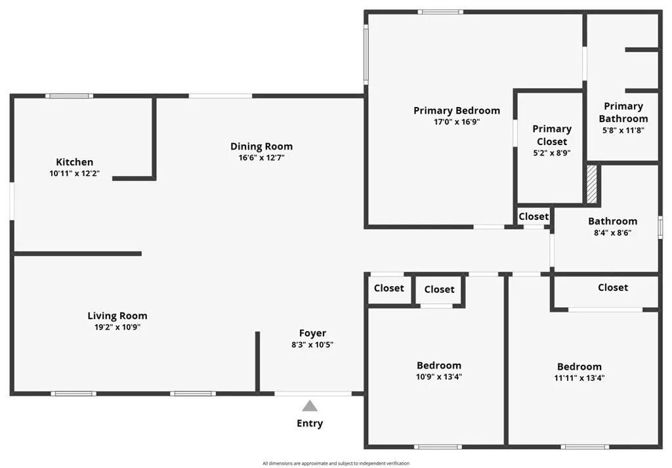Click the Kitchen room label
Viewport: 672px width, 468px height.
(75, 162)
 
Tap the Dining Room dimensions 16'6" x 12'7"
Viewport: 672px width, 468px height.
(261, 158)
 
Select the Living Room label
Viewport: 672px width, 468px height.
(117, 316)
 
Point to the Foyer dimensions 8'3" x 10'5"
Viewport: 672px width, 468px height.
(312, 345)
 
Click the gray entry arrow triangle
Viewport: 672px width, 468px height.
(310, 406)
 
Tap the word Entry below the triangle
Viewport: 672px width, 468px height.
(310, 423)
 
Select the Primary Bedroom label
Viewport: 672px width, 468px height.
(457, 110)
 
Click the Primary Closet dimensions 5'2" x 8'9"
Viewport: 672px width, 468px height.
(552, 153)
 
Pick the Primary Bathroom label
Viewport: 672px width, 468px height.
(623, 112)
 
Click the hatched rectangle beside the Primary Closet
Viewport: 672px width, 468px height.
(591, 184)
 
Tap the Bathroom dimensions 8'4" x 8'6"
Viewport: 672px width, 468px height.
(612, 233)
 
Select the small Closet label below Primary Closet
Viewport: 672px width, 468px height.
(534, 217)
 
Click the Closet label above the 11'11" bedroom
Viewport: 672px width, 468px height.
(613, 287)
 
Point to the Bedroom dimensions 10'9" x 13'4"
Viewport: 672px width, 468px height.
(439, 377)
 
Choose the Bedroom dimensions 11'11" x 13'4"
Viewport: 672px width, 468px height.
(579, 378)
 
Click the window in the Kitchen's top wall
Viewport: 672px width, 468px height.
(70, 96)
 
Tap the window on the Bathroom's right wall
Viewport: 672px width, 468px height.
(660, 227)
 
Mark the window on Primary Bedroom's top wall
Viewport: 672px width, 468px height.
(440, 12)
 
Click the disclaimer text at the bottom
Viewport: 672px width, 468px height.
(336, 463)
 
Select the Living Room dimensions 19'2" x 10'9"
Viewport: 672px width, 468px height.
(117, 328)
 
